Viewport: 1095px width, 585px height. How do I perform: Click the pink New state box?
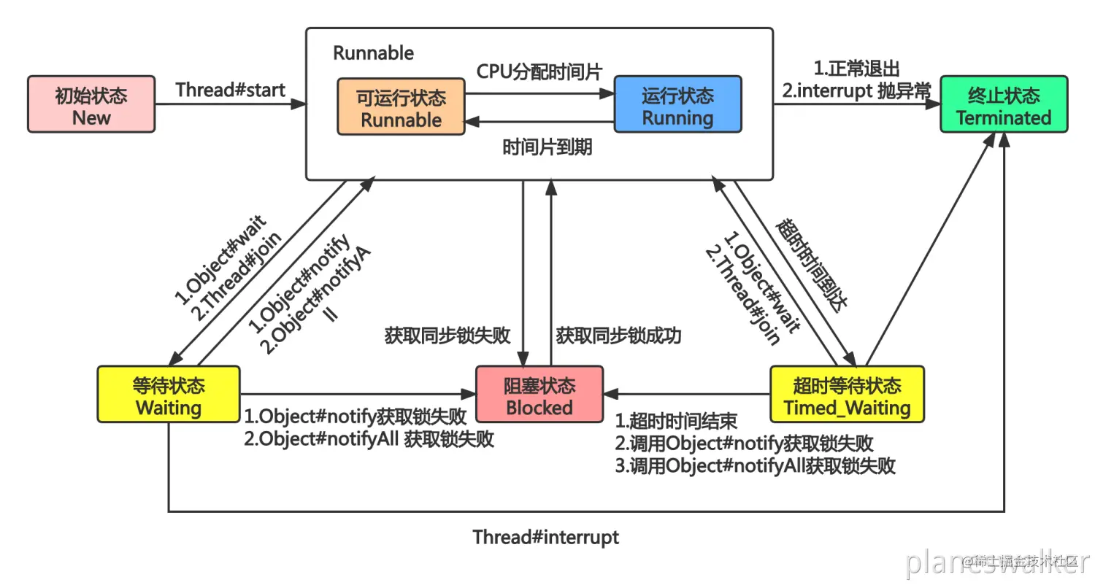click(x=91, y=104)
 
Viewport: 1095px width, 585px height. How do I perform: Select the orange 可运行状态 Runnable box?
click(x=401, y=107)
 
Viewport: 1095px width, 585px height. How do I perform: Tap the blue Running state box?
click(x=677, y=104)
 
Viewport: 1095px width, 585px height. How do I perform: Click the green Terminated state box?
click(x=1004, y=104)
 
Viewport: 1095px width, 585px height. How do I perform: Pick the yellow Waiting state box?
click(x=169, y=395)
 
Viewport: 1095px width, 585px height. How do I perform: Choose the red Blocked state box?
click(x=539, y=395)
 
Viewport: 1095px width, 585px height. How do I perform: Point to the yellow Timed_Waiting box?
click(x=847, y=395)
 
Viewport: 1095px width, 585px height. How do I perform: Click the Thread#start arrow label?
click(x=230, y=90)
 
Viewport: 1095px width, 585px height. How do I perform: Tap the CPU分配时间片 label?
click(x=539, y=71)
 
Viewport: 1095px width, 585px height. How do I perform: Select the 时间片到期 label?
click(x=547, y=147)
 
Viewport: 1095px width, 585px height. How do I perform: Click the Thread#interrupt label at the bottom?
click(x=545, y=538)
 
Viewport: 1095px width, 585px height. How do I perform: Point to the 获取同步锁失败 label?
click(x=447, y=336)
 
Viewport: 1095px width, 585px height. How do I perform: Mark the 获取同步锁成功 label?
click(x=618, y=336)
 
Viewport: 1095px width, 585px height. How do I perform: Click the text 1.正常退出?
click(x=856, y=69)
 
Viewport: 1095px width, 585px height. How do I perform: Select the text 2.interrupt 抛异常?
click(x=856, y=90)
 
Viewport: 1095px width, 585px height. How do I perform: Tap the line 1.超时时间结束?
click(x=676, y=421)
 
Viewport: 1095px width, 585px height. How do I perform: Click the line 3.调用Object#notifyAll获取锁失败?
click(x=755, y=466)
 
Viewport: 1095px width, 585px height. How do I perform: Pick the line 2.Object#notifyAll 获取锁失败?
click(x=369, y=439)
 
